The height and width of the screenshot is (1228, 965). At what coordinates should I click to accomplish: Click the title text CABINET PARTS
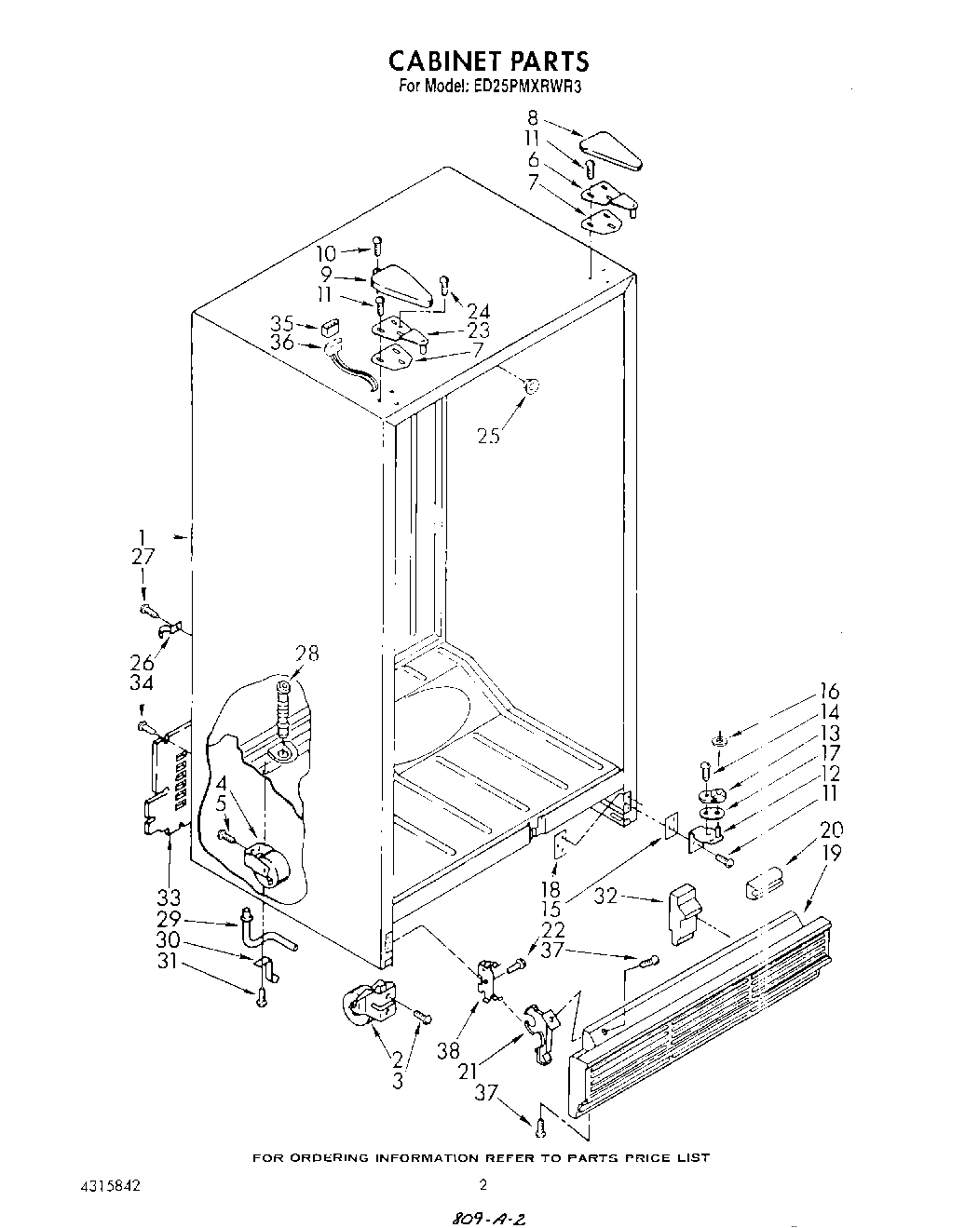pyautogui.click(x=489, y=61)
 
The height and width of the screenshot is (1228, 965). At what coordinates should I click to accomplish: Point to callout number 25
pyautogui.click(x=488, y=435)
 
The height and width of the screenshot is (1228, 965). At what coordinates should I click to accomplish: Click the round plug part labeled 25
pyautogui.click(x=532, y=387)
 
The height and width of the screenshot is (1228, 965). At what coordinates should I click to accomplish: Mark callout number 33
pyautogui.click(x=168, y=898)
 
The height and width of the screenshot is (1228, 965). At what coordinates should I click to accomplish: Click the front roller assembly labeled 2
pyautogui.click(x=368, y=1005)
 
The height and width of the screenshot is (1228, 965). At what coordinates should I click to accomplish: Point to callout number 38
pyautogui.click(x=449, y=1050)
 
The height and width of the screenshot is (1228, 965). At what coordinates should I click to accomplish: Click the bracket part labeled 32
pyautogui.click(x=683, y=912)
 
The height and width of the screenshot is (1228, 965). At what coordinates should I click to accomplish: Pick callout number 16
pyautogui.click(x=828, y=692)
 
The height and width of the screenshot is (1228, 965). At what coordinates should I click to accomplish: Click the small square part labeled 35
pyautogui.click(x=328, y=327)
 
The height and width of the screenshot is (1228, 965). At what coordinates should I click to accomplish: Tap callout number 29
pyautogui.click(x=168, y=919)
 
